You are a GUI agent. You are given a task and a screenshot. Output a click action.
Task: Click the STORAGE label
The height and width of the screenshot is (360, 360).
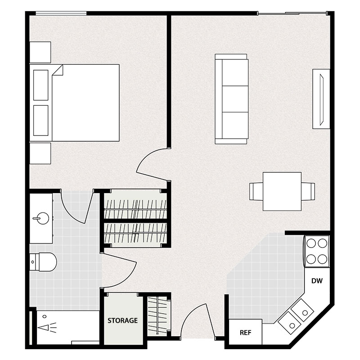coord(122,321)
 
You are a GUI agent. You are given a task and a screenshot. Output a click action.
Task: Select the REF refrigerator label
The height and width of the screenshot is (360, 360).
coord(245,333)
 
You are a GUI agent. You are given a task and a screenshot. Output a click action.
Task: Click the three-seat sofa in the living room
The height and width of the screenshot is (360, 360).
coord(231,99)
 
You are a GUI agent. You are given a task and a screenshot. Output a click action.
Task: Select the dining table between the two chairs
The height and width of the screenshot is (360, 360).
coord(282,191)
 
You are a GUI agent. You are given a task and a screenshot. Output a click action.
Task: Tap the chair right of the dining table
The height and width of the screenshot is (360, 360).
coord(308,191)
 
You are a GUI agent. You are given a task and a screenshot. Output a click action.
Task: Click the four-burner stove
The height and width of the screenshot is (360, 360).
coord(316,251)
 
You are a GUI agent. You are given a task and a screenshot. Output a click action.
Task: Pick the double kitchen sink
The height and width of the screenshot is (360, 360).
coord(296,315)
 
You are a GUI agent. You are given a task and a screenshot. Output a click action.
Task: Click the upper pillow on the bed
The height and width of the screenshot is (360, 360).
coord(41,85)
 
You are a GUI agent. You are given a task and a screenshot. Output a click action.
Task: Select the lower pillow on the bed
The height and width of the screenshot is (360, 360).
coord(41,120)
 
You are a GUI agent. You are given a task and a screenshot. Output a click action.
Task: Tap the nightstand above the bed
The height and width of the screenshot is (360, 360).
coord(40,52)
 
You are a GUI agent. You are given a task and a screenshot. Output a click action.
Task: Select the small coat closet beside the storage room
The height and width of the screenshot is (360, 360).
coord(158,315)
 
